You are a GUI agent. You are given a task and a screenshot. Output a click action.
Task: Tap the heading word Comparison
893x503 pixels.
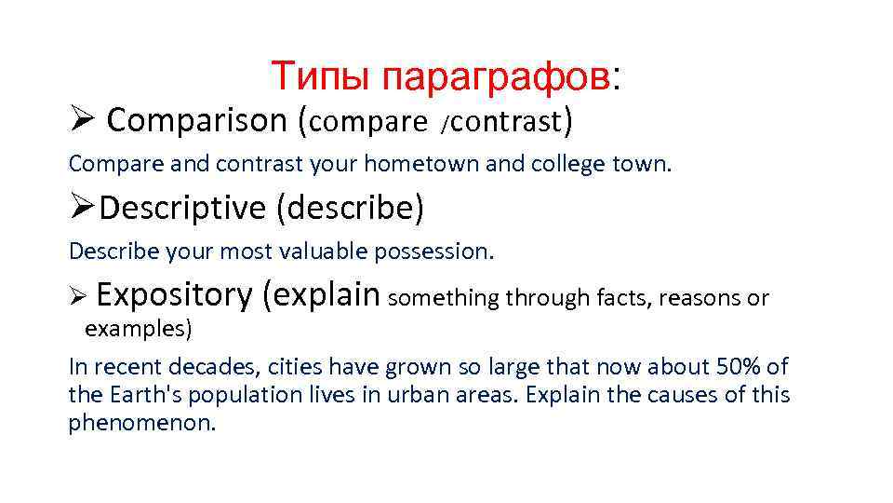tap(198, 120)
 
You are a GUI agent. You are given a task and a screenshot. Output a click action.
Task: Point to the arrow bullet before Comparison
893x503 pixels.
tap(80, 120)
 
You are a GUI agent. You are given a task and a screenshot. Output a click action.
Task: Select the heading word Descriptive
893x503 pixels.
tap(182, 208)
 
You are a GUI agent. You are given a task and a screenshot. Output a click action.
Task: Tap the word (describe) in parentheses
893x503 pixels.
tap(350, 208)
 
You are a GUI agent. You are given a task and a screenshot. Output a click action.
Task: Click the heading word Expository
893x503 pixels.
tap(174, 295)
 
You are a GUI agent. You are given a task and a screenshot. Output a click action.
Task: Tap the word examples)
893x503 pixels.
tap(139, 329)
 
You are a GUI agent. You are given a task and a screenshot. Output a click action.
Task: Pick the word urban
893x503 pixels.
tap(414, 395)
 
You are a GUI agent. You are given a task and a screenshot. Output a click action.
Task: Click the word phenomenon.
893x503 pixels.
tap(141, 424)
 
